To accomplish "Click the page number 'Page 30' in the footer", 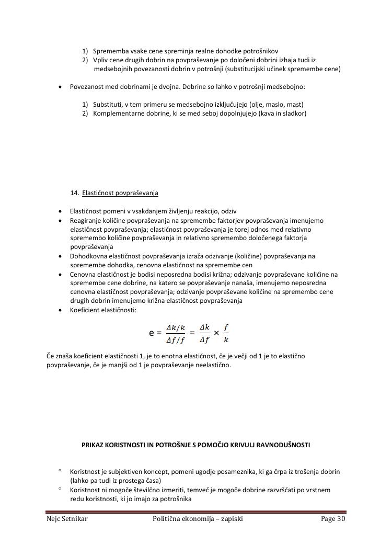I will pos(333,519).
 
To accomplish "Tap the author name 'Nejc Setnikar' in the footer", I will pos(67,519).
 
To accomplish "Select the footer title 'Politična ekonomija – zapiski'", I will pos(198,519).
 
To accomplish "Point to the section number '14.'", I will pos(74,192).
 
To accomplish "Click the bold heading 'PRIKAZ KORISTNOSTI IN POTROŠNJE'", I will pos(195,445).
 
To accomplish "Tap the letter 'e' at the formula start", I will pos(152,333).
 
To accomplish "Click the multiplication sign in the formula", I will pos(216,333).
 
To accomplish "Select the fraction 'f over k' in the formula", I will pos(226,333).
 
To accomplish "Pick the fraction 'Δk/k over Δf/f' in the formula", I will pos(176,333).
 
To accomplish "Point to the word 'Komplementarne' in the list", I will pos(117,113).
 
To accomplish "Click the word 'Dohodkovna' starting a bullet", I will pos(87,256).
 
